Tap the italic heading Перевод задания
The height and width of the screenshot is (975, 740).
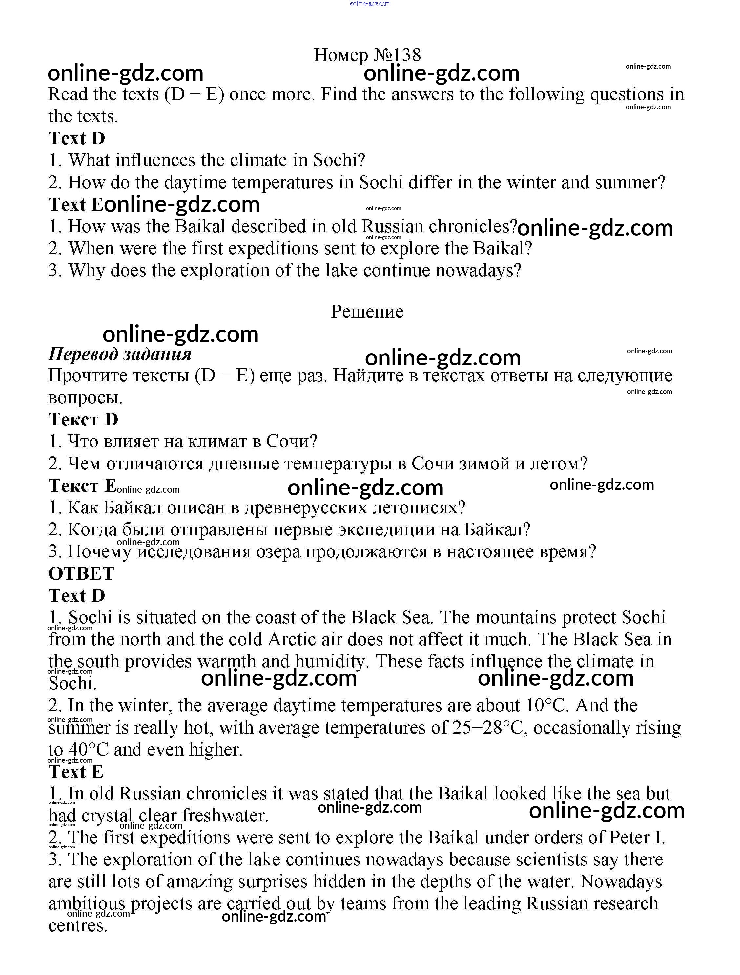click(x=120, y=354)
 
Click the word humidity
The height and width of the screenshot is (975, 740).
click(x=331, y=662)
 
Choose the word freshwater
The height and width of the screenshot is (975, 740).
click(x=225, y=816)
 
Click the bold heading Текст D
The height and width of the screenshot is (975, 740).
click(x=83, y=420)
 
